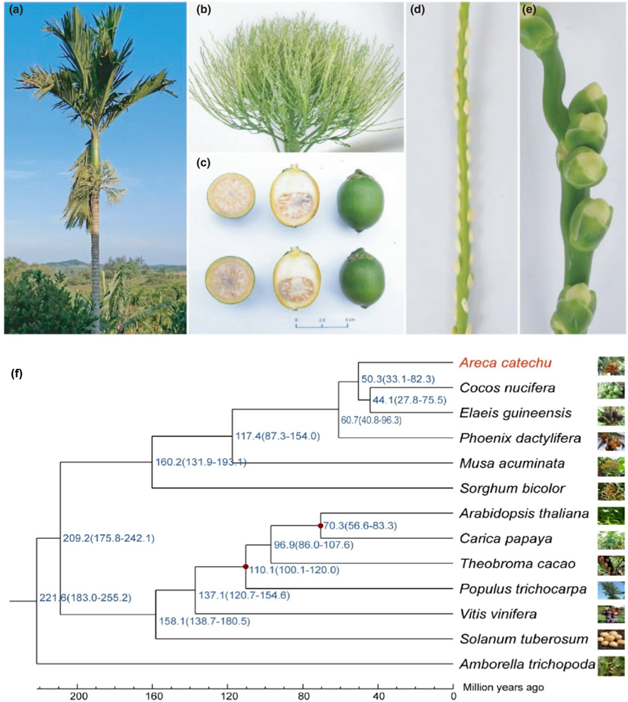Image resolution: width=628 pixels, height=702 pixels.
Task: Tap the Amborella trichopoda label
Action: (527, 664)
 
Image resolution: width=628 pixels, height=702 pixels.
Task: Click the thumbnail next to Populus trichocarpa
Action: (611, 589)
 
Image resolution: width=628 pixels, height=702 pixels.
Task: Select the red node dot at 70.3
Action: (321, 526)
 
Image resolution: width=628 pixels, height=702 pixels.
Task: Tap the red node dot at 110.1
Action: (245, 567)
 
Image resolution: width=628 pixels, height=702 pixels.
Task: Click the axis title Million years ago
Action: (504, 688)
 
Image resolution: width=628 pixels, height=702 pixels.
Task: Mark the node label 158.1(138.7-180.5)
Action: (203, 621)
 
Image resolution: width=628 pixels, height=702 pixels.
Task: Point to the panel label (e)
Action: (530, 12)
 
